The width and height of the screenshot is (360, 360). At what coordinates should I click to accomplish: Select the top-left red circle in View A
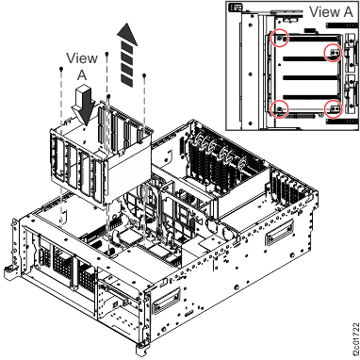[x=279, y=38]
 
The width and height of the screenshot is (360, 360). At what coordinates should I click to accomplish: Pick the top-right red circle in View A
[x=332, y=52]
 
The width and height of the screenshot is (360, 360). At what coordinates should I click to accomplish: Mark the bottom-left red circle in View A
[x=279, y=108]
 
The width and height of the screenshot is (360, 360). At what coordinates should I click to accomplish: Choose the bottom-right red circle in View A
[x=333, y=108]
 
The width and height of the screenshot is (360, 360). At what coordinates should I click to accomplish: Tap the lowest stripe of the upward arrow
[x=124, y=83]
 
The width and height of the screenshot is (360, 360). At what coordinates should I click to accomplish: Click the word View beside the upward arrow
[x=81, y=58]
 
